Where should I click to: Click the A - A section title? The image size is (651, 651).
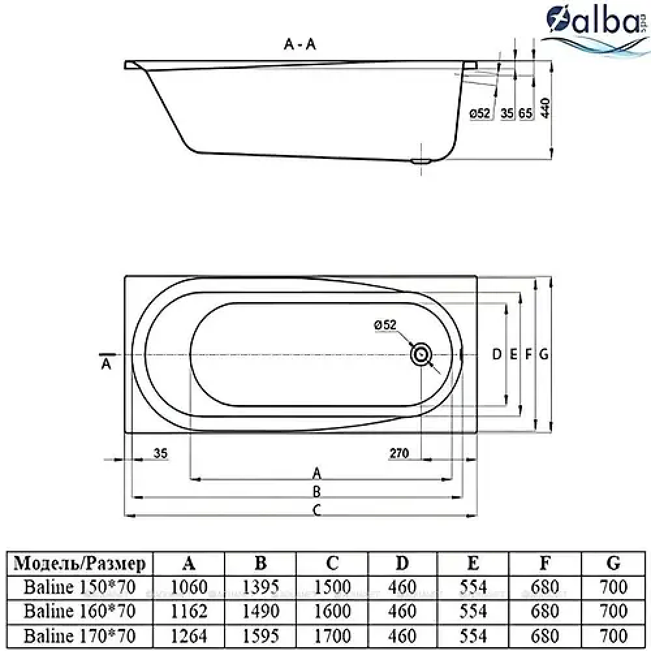(299, 44)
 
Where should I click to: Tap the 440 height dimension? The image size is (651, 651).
(545, 108)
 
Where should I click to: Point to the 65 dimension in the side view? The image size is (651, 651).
(525, 113)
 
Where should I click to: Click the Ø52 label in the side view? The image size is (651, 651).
(480, 113)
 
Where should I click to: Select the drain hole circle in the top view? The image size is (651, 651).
(421, 355)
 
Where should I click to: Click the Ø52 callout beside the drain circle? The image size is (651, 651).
(385, 325)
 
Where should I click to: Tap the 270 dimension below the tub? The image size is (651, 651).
(399, 453)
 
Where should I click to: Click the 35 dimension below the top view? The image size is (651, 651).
(160, 453)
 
